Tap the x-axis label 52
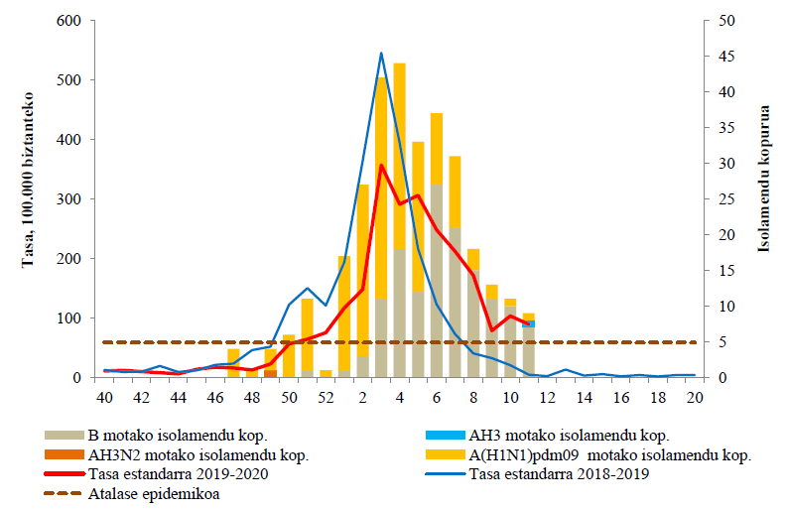pyautogui.click(x=326, y=397)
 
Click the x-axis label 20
pyautogui.click(x=694, y=397)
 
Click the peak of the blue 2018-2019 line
pyautogui.click(x=381, y=54)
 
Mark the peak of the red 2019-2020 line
pyautogui.click(x=381, y=165)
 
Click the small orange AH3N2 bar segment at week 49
pyautogui.click(x=271, y=373)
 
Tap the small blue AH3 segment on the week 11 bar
pyautogui.click(x=529, y=323)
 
